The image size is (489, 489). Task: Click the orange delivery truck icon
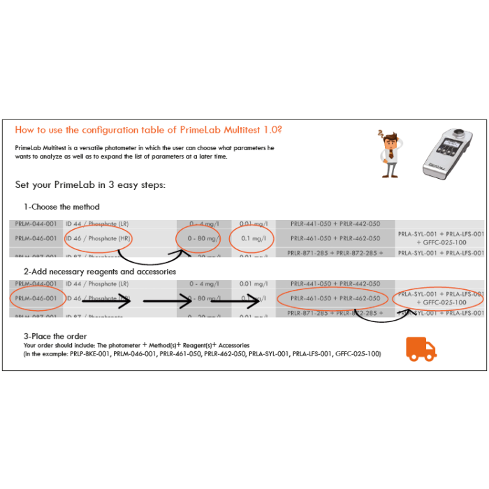click(x=421, y=348)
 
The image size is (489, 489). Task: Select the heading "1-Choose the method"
click(x=61, y=207)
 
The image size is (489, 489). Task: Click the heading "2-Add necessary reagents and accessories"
click(x=100, y=271)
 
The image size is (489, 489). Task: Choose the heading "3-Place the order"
click(x=55, y=336)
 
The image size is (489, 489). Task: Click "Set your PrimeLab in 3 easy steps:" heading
click(x=90, y=185)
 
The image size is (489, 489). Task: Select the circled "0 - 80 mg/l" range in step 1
click(x=198, y=238)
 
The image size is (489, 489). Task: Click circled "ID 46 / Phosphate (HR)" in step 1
click(x=98, y=238)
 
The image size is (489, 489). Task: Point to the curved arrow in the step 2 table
click(x=367, y=318)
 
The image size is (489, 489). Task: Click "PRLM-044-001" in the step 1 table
click(x=36, y=224)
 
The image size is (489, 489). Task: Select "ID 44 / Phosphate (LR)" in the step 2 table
click(x=97, y=284)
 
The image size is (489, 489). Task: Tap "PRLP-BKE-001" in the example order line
click(x=92, y=354)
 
